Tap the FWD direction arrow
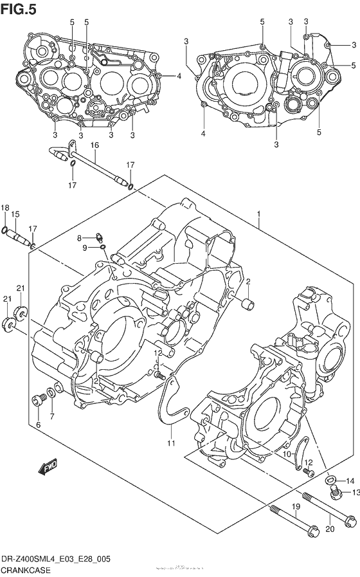tap(49, 468)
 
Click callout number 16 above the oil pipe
tap(94, 145)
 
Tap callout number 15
tap(16, 214)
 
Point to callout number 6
tap(38, 425)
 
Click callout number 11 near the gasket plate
tap(171, 443)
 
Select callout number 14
tap(350, 481)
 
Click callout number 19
tap(296, 508)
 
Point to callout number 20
tap(332, 529)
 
